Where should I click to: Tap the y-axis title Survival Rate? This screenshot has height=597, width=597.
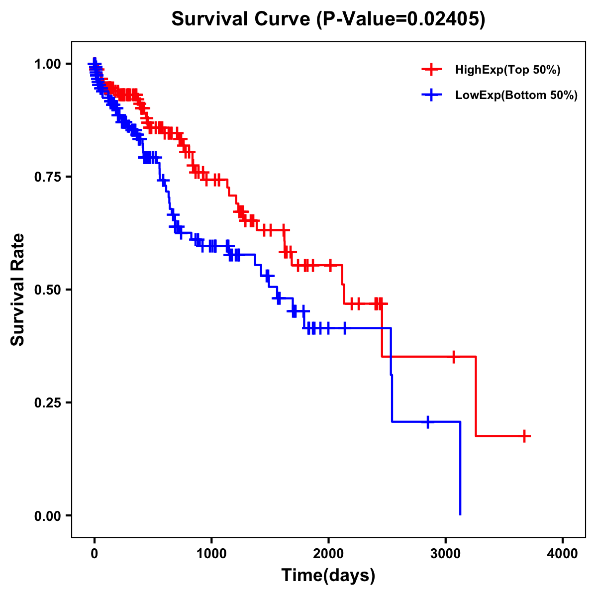18,290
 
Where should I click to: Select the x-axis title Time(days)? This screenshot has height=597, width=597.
328,575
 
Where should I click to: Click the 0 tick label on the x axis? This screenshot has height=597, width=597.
95,554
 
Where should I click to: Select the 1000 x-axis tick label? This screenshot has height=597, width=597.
211,554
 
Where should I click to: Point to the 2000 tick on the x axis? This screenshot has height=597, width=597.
328,554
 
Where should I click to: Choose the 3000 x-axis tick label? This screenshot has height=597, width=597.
446,554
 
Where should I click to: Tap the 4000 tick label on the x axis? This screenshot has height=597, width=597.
563,554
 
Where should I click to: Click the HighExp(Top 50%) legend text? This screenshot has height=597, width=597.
508,70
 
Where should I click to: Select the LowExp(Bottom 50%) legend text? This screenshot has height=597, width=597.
516,95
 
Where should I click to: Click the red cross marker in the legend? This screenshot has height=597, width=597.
432,70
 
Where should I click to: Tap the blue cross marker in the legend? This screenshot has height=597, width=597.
432,95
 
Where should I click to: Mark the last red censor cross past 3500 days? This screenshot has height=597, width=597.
524,436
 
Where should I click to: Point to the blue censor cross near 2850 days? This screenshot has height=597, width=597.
427,422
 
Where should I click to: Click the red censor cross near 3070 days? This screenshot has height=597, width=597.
453,357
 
